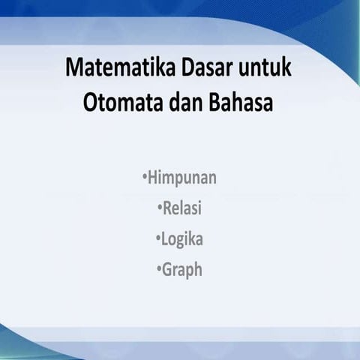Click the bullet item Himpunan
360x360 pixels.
click(x=182, y=178)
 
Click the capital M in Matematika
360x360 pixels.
click(x=74, y=70)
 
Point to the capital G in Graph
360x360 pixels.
click(x=168, y=269)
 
